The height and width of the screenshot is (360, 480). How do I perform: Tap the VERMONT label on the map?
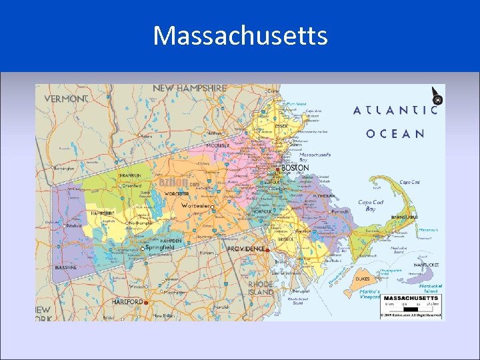66,99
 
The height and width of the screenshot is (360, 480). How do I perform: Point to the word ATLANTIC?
395,110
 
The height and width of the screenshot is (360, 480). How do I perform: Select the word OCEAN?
395,133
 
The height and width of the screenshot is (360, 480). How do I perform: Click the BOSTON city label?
295,168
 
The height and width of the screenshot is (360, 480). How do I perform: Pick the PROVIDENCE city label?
246,249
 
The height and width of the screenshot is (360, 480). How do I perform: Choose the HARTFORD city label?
127,301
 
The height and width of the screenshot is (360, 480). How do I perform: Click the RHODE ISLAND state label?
261,287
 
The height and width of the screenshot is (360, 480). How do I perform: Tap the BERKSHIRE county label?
65,267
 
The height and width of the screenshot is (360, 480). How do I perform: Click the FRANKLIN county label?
129,175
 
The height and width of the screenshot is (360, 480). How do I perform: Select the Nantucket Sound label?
399,249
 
